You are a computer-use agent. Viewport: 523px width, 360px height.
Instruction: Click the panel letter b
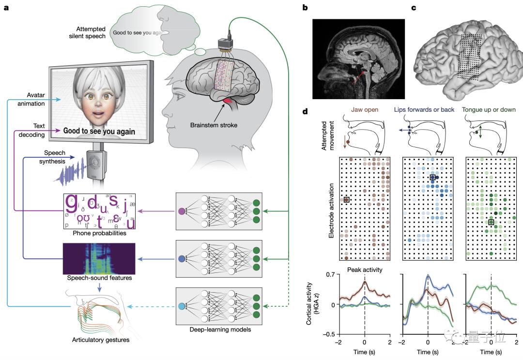click(x=305, y=7)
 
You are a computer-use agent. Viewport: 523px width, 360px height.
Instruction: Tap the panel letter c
click(x=413, y=7)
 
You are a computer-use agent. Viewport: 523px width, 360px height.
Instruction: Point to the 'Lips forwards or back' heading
click(x=427, y=110)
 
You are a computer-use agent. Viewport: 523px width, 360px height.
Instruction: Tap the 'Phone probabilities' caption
click(x=99, y=233)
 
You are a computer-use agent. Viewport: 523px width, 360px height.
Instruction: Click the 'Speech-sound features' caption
click(x=98, y=278)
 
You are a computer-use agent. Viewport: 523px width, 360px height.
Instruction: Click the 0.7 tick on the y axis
click(x=331, y=274)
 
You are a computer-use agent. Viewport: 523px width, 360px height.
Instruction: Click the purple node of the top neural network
click(x=182, y=211)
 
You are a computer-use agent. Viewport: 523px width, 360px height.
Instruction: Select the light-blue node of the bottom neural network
click(x=182, y=306)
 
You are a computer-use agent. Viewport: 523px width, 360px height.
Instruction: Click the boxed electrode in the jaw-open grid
click(x=346, y=199)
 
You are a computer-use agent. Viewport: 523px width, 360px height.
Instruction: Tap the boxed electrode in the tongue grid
click(x=491, y=222)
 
